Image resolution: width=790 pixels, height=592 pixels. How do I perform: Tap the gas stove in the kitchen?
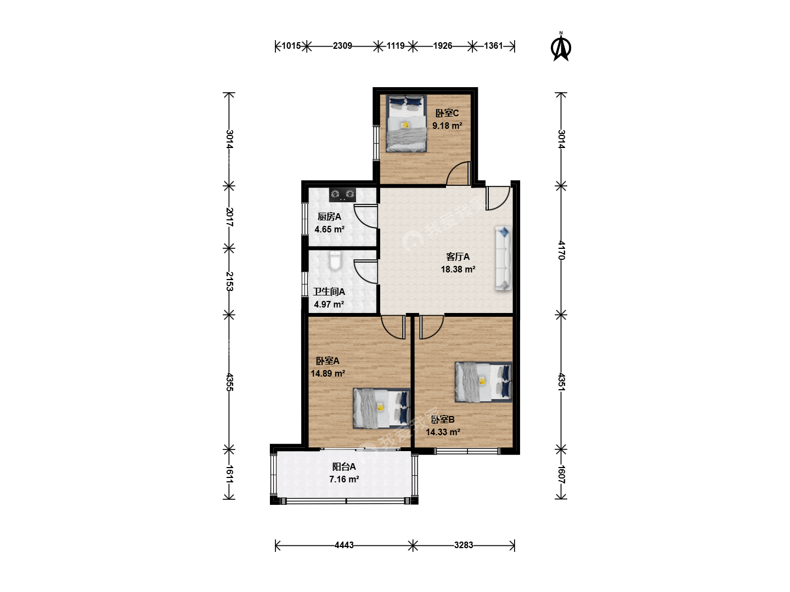pos(342,195)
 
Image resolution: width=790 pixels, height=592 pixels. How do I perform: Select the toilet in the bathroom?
pos(335,260)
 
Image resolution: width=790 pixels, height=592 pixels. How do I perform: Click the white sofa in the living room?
pos(503,258)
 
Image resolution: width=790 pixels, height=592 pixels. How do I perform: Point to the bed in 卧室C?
pos(407,123)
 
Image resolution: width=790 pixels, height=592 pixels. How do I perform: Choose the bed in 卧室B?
pos(483,382)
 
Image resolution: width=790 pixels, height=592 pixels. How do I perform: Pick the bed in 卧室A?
pos(381,408)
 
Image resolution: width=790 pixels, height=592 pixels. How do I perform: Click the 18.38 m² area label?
pos(458,269)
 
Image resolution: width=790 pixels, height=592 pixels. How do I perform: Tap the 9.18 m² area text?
pos(447,126)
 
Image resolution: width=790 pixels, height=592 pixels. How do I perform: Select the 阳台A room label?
pos(344,466)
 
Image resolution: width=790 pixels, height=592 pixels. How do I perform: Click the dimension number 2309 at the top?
pos(342,45)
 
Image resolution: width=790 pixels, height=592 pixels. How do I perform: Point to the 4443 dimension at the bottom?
pos(344,545)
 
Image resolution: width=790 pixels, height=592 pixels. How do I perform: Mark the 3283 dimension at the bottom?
pos(463,545)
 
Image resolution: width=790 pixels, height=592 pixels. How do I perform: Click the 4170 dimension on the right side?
pos(562,250)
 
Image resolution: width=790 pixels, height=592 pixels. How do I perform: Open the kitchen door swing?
pos(366,216)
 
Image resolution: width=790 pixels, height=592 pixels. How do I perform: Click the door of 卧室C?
pos(459,173)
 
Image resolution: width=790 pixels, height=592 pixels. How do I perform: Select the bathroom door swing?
pos(366,272)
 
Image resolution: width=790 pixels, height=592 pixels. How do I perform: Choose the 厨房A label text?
pos(329,217)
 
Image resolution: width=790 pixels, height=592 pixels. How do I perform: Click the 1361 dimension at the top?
pos(493,45)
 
